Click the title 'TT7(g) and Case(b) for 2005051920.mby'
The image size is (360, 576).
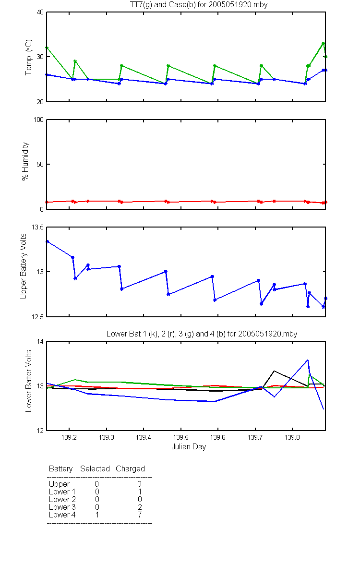[199, 5]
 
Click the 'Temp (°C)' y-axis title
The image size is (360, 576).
[28, 57]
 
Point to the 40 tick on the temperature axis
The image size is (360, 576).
[40, 12]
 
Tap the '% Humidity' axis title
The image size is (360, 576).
[25, 161]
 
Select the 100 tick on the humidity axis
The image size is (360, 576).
[38, 120]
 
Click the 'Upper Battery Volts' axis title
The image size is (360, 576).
[24, 266]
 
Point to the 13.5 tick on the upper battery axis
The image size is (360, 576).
[38, 228]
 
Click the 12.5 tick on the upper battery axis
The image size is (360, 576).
[38, 317]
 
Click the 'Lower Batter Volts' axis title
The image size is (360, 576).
[28, 381]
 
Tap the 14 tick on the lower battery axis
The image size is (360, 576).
[40, 341]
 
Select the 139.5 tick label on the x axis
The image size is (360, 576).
[181, 437]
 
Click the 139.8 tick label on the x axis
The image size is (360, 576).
[292, 437]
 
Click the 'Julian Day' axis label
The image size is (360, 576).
[189, 447]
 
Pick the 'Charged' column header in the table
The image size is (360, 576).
[130, 469]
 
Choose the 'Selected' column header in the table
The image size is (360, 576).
[95, 468]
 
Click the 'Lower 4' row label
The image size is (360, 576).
[62, 515]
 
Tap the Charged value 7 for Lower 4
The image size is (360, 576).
[140, 515]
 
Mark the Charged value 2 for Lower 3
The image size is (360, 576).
[140, 507]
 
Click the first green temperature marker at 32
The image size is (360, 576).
[47, 48]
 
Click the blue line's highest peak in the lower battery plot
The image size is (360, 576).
[308, 360]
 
